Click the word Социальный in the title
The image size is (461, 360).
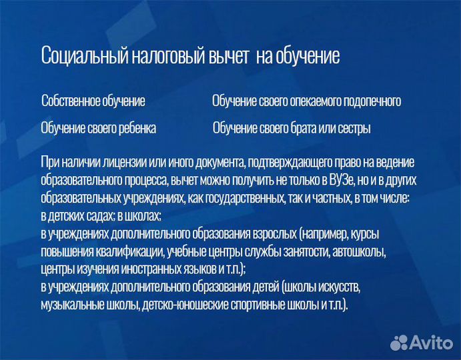pos(77,55)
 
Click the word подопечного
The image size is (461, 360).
pos(372,101)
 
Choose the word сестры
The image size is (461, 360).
pos(353,128)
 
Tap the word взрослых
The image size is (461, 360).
pos(272,234)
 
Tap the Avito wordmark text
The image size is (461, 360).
pos(430,342)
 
